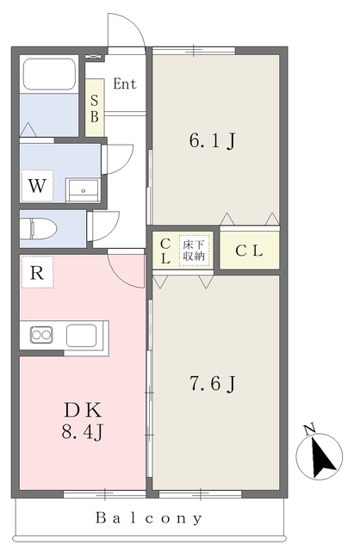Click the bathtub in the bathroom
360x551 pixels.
(x=49, y=75)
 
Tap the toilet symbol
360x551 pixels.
(x=38, y=228)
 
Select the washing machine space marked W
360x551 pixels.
(x=37, y=186)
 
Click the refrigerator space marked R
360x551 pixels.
(x=37, y=272)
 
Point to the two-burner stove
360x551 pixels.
(x=41, y=335)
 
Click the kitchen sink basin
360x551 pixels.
(x=82, y=335)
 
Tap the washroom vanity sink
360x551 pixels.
(x=84, y=190)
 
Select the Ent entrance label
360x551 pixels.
(x=125, y=84)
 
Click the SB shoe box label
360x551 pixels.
(x=94, y=108)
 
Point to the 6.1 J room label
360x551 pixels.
(x=213, y=141)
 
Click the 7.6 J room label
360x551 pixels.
(x=213, y=383)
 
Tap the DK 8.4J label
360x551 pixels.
(x=83, y=421)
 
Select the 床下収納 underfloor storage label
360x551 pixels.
(x=194, y=251)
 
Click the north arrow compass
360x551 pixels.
(x=320, y=455)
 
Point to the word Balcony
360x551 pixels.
(x=149, y=518)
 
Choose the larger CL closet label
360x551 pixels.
(x=249, y=251)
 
